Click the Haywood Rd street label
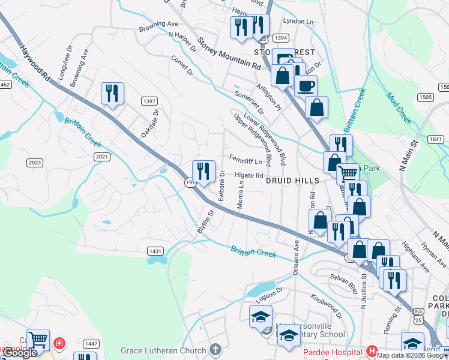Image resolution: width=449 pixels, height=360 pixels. (x=35, y=61)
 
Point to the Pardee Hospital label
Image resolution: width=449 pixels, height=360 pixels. (x=335, y=350)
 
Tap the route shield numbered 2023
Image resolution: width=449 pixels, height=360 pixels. (x=35, y=163)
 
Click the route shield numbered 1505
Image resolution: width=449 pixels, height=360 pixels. (x=425, y=97)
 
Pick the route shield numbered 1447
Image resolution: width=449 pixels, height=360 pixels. (x=91, y=343)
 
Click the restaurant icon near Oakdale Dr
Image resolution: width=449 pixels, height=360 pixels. (x=112, y=93)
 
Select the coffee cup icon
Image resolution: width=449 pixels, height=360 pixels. (x=306, y=85)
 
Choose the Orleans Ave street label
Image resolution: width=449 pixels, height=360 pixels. (x=296, y=256)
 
